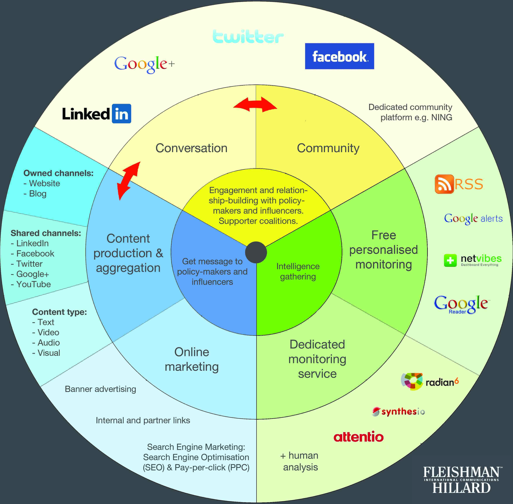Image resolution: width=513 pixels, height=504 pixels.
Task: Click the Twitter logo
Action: [x=248, y=37]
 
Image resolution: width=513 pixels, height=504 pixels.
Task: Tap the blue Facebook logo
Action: [x=339, y=56]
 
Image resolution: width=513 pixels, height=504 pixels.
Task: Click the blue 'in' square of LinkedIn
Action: [x=122, y=114]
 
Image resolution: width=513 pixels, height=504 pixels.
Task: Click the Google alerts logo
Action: [x=473, y=219]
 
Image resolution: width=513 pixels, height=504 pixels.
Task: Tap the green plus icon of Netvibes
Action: [x=450, y=260]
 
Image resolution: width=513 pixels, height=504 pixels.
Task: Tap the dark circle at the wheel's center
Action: [x=256, y=252]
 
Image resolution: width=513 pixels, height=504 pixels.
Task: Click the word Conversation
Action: [x=191, y=148]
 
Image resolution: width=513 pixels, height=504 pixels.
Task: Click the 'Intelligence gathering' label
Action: [x=298, y=271]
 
